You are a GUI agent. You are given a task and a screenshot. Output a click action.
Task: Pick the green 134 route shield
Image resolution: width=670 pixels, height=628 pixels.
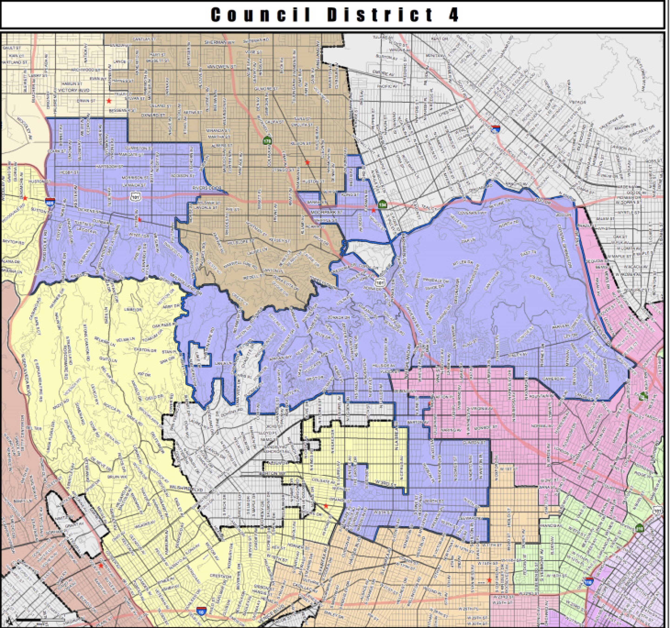(x=382, y=204)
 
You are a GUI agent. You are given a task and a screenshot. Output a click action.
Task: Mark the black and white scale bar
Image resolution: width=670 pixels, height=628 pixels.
(x=40, y=619)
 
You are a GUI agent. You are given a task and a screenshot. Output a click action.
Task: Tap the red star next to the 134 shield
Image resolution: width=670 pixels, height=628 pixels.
(x=373, y=210)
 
